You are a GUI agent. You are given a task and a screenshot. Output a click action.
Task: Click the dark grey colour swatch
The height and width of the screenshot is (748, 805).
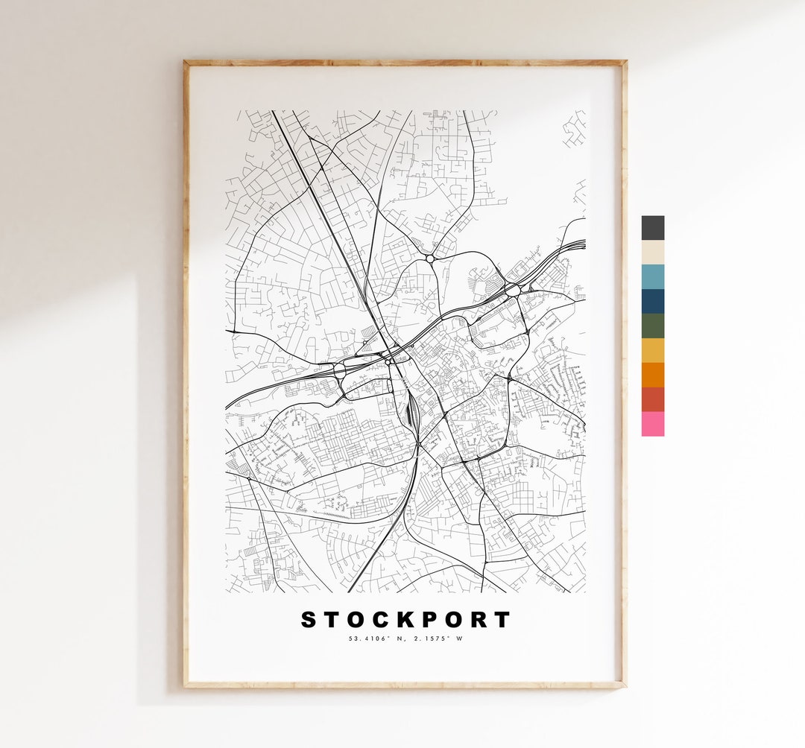tap(652, 228)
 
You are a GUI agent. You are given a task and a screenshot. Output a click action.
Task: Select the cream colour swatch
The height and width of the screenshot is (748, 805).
tap(652, 253)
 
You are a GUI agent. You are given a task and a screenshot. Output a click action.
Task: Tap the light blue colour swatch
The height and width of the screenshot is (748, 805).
tap(652, 276)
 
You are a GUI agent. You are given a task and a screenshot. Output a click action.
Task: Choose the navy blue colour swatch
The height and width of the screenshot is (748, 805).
tap(652, 301)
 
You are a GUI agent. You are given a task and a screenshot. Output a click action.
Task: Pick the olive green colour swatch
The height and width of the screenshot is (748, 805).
tap(652, 326)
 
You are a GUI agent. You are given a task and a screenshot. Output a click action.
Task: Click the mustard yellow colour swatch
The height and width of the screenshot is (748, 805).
tap(652, 350)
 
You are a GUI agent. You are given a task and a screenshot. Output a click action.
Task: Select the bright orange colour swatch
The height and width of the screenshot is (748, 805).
tap(652, 375)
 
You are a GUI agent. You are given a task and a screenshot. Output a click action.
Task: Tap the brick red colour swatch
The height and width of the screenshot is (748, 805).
tap(652, 399)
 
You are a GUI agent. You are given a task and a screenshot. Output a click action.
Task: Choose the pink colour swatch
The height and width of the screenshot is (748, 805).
tap(652, 424)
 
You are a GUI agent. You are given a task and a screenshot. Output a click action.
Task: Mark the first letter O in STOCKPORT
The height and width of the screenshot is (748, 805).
tap(356, 620)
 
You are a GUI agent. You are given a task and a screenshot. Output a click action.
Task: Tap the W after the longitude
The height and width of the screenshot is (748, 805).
tap(459, 638)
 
